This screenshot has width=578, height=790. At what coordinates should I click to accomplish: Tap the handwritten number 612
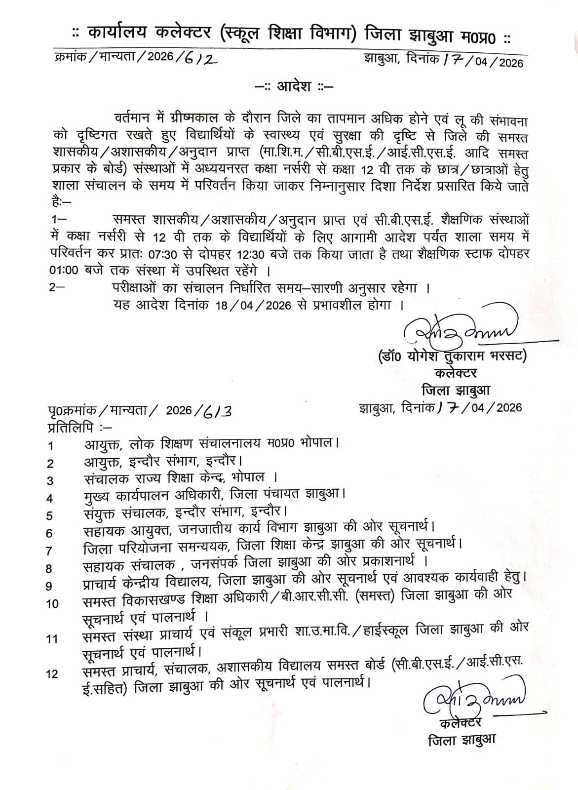click(x=200, y=58)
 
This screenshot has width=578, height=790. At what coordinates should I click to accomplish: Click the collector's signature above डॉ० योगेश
click(x=459, y=328)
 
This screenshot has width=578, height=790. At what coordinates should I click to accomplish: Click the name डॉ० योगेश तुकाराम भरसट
click(x=451, y=355)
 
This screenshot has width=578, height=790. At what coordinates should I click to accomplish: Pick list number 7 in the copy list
click(x=49, y=551)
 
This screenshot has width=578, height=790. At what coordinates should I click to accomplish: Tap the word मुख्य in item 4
click(x=99, y=495)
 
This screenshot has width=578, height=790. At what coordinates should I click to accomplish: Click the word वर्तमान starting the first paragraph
click(x=131, y=119)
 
